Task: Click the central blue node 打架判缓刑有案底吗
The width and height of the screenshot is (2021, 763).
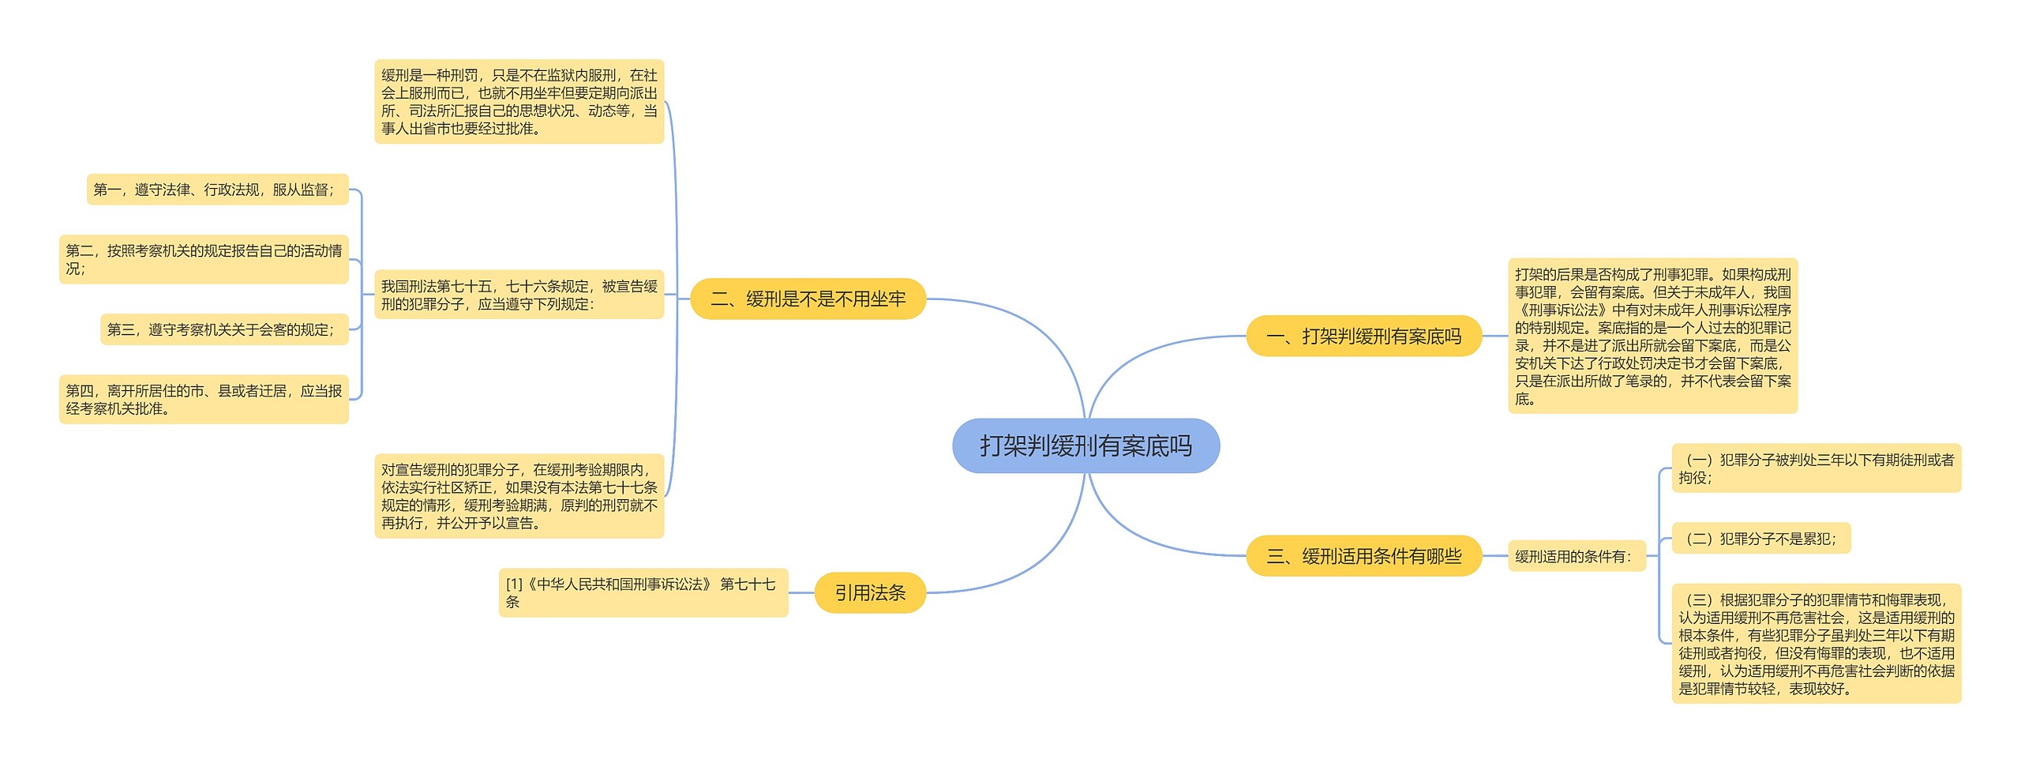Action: pyautogui.click(x=1085, y=446)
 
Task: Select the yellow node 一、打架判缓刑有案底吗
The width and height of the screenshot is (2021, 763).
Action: pyautogui.click(x=1363, y=336)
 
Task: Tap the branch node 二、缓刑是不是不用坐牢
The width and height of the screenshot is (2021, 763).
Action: pyautogui.click(x=808, y=299)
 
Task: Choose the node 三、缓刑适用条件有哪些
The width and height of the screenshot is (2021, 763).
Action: pyautogui.click(x=1363, y=556)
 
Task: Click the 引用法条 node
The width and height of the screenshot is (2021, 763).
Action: pyautogui.click(x=869, y=593)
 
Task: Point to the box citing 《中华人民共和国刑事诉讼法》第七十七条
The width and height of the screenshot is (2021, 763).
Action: pyautogui.click(x=643, y=593)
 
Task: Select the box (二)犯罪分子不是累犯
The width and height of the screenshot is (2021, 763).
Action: pyautogui.click(x=1760, y=539)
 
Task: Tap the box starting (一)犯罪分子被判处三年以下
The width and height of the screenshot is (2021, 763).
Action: pyautogui.click(x=1816, y=468)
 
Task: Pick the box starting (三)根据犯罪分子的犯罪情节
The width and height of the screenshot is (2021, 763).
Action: pyautogui.click(x=1816, y=644)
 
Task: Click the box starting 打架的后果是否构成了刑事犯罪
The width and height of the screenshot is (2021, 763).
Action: pyautogui.click(x=1652, y=336)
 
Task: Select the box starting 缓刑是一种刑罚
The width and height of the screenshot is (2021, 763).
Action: pyautogui.click(x=519, y=102)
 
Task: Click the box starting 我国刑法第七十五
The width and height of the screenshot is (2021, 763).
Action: pyautogui.click(x=519, y=295)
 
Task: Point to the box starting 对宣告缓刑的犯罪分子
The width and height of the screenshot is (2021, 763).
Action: pyautogui.click(x=519, y=496)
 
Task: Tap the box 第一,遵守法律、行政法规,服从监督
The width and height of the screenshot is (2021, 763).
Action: pyautogui.click(x=217, y=190)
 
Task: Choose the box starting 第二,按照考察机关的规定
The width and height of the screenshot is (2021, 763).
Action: pyautogui.click(x=204, y=259)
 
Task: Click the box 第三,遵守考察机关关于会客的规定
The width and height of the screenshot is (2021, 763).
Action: pyautogui.click(x=224, y=329)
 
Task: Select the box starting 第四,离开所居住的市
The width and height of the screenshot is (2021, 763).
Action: pyautogui.click(x=204, y=400)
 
